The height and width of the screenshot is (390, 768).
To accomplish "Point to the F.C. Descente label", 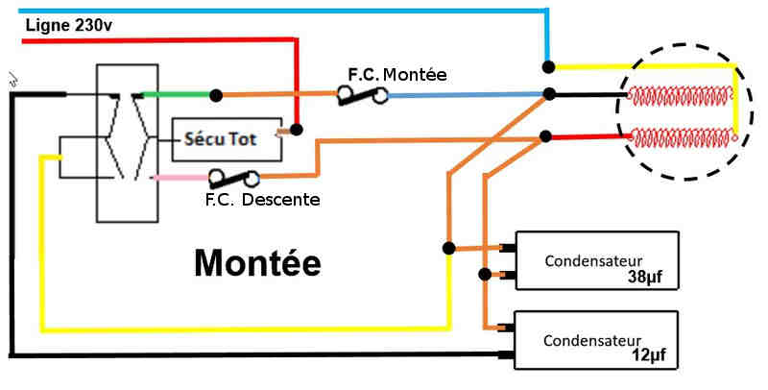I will [262, 200].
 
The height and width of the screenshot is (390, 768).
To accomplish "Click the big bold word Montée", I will [256, 261].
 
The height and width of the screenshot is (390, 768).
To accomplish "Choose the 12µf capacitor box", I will [596, 340].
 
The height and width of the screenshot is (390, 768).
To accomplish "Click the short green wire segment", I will [178, 94].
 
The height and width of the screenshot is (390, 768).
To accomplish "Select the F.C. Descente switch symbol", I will [234, 178].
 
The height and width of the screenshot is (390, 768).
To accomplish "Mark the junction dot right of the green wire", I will [218, 94].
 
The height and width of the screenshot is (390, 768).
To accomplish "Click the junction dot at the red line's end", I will [297, 129].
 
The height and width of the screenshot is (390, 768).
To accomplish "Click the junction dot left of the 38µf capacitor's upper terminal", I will [447, 248].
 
